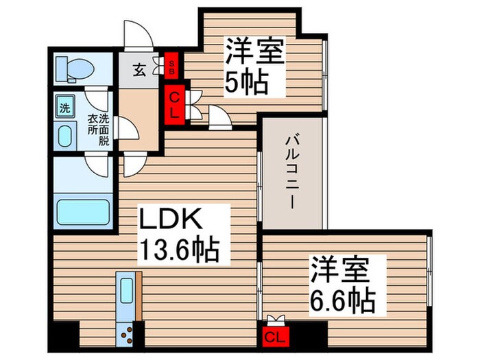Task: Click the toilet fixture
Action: tap(71, 69)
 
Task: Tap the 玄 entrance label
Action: tap(139, 70)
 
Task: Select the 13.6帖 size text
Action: tap(180, 250)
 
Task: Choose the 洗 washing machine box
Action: tap(64, 108)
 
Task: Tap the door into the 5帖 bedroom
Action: tap(219, 120)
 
